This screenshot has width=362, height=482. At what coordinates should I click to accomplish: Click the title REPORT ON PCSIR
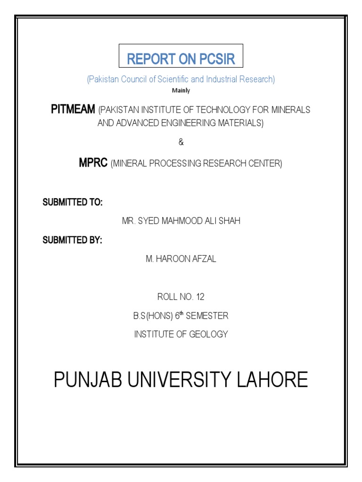coord(181,59)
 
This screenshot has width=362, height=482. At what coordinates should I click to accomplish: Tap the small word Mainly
coord(181,90)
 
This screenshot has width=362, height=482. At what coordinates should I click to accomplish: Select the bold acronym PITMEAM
coord(73,110)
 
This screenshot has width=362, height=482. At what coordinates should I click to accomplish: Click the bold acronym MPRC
coord(93,163)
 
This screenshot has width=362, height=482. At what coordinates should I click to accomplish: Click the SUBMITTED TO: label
coord(73,202)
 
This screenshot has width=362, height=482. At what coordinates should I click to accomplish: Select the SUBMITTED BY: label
coord(73,240)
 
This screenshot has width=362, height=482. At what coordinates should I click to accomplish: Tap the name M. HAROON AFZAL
coord(181,259)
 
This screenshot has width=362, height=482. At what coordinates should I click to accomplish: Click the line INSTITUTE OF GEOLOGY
coord(181,334)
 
